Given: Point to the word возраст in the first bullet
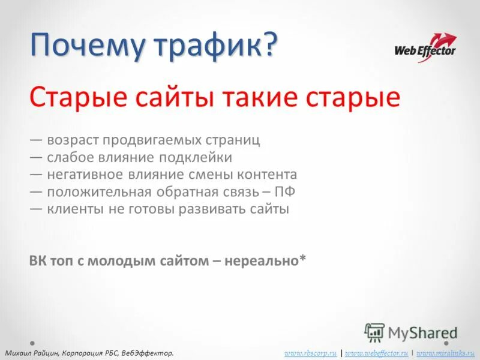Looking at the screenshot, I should point(71,140).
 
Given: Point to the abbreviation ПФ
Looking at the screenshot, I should point(285,193).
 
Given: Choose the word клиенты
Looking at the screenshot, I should point(71,210).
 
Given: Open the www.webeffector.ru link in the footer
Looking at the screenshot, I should point(377,353).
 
